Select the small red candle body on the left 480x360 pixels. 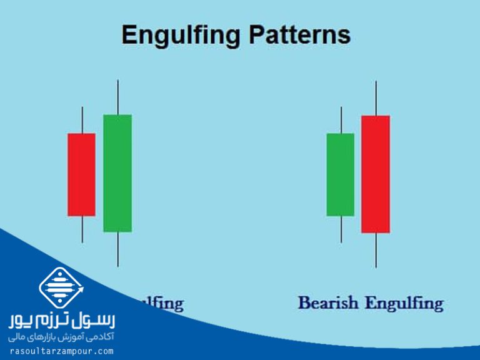pyautogui.click(x=81, y=174)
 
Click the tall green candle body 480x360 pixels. pyautogui.click(x=117, y=173)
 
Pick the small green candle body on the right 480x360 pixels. pyautogui.click(x=340, y=174)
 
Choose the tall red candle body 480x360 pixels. pyautogui.click(x=376, y=174)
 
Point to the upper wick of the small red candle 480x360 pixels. pyautogui.click(x=82, y=119)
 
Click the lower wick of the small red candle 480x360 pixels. pyautogui.click(x=82, y=229)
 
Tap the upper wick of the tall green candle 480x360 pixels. pyautogui.click(x=117, y=97)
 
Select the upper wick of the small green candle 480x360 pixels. pyautogui.click(x=341, y=119)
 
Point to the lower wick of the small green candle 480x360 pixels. pyautogui.click(x=341, y=229)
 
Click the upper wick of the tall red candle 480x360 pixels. pyautogui.click(x=376, y=98)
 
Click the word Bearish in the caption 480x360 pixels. pyautogui.click(x=328, y=303)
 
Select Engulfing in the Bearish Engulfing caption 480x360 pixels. pyautogui.click(x=404, y=304)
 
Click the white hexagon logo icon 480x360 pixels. pyautogui.click(x=61, y=288)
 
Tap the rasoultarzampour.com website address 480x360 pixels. pyautogui.click(x=61, y=351)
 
